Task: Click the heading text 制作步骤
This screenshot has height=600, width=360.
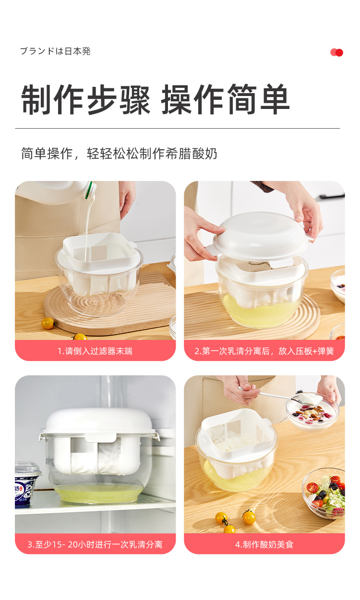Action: click(x=85, y=100)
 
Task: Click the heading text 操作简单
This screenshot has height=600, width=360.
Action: click(x=225, y=100)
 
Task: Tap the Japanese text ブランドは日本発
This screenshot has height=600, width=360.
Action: click(x=55, y=51)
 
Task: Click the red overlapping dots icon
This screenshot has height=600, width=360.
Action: click(x=336, y=52)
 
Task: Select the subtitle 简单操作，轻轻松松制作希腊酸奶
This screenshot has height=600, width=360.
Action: click(x=119, y=154)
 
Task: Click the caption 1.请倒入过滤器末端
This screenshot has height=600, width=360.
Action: click(x=95, y=351)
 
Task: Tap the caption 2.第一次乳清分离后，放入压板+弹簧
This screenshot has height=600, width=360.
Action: click(x=264, y=351)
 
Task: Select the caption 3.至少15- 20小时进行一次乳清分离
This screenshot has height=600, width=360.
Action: click(x=95, y=544)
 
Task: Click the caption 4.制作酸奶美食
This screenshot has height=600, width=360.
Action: click(x=264, y=544)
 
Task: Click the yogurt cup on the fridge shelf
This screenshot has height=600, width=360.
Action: click(x=27, y=482)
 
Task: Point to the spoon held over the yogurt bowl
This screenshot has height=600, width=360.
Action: click(x=274, y=395)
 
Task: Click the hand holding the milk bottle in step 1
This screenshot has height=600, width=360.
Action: click(x=127, y=197)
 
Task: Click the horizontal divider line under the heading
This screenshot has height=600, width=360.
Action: click(x=177, y=128)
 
